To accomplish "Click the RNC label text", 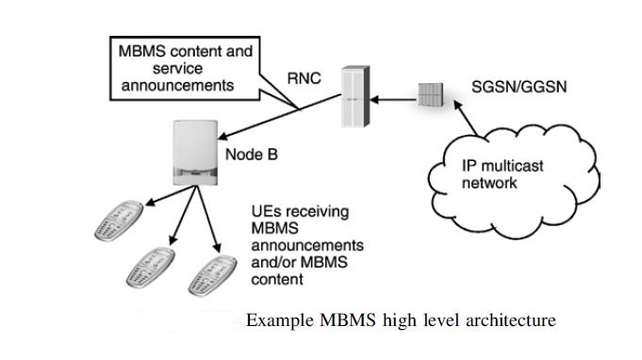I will [x=304, y=78].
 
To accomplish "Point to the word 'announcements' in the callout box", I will [x=177, y=85].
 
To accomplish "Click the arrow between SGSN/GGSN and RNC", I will [x=395, y=96].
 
